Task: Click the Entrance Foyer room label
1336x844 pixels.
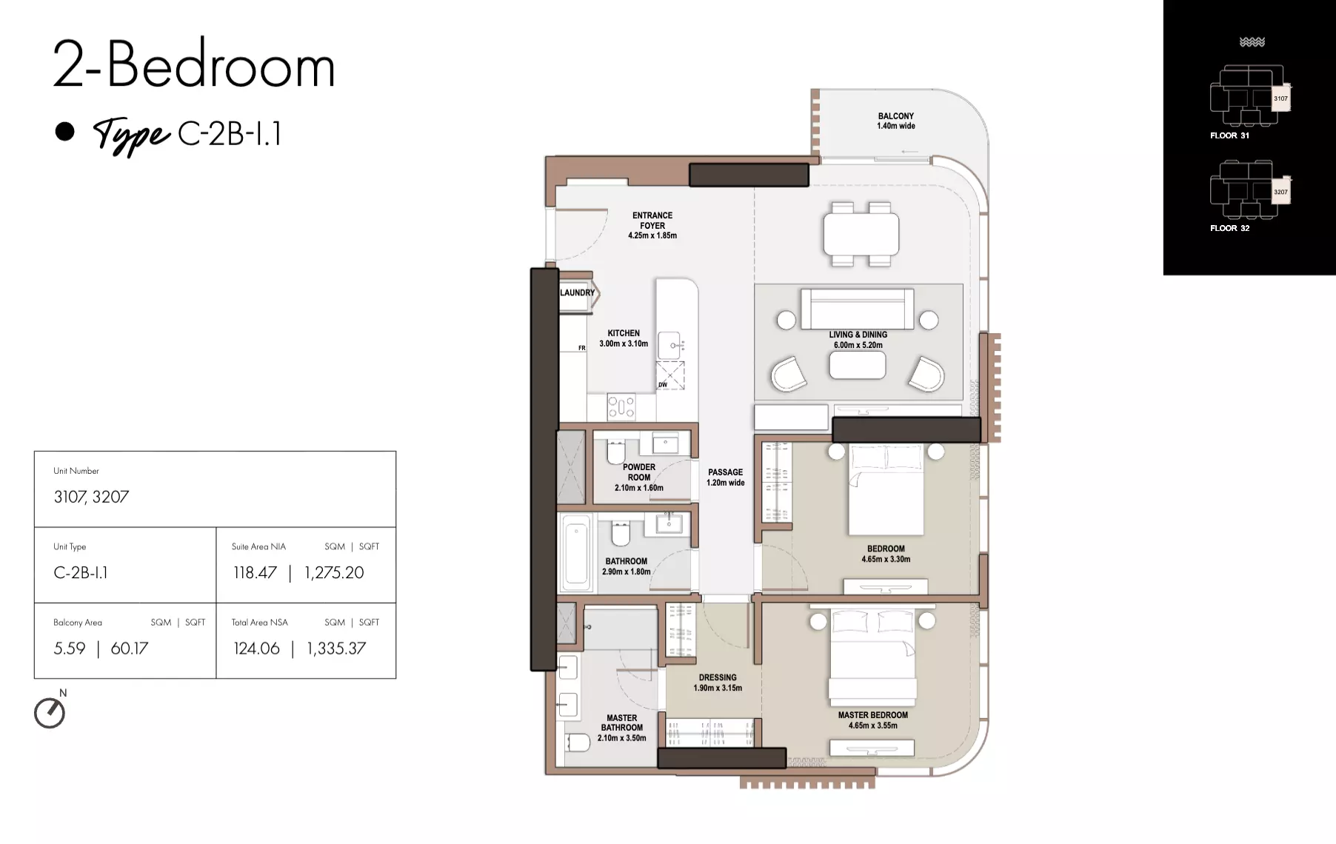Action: [x=652, y=226]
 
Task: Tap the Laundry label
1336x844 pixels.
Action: [x=577, y=292]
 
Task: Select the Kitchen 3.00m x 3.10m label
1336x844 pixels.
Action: [x=624, y=338]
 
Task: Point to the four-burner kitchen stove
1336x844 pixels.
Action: [x=621, y=406]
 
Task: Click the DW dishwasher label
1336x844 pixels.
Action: [x=663, y=385]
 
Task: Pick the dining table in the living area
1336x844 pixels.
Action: [x=861, y=234]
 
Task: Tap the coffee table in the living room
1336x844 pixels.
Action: [x=858, y=365]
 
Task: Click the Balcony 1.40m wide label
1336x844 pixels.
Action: [x=896, y=121]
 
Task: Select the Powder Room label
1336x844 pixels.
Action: [x=639, y=478]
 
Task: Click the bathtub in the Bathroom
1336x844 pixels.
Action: [x=578, y=554]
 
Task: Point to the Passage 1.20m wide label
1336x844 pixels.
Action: [x=725, y=478]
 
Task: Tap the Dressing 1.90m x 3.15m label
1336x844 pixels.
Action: [x=718, y=683]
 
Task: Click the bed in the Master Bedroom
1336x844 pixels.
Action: [x=873, y=655]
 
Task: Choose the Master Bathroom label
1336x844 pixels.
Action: [x=622, y=728]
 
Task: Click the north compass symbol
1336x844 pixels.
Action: [x=50, y=713]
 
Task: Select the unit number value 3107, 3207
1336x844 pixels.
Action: [x=91, y=497]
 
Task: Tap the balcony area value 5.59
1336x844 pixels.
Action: [x=70, y=649]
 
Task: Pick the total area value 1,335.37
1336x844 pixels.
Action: [x=336, y=649]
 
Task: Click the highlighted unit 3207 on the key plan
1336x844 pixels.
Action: [x=1280, y=192]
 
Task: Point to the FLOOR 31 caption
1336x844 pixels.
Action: [x=1229, y=135]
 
